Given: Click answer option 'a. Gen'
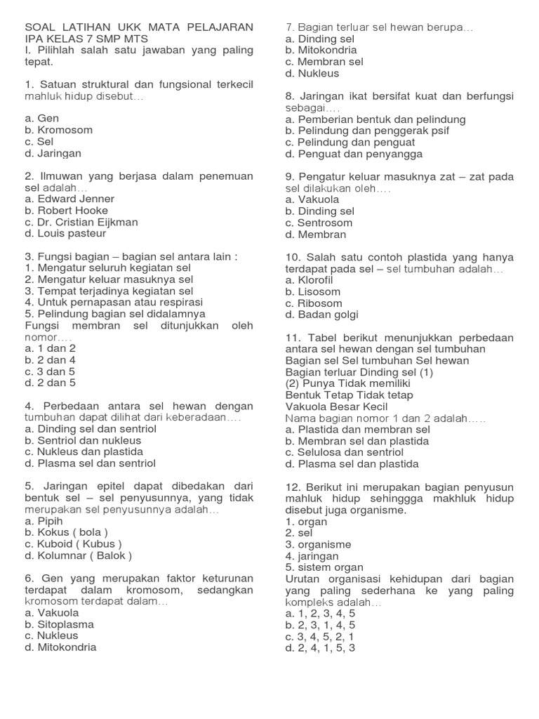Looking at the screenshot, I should click(x=41, y=119).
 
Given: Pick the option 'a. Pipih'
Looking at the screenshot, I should click(x=44, y=521).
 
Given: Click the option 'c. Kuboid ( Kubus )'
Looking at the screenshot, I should click(x=73, y=544).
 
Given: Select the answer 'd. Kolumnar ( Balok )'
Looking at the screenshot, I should click(x=78, y=555).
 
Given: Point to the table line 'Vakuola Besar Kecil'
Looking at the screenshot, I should click(x=336, y=407).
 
